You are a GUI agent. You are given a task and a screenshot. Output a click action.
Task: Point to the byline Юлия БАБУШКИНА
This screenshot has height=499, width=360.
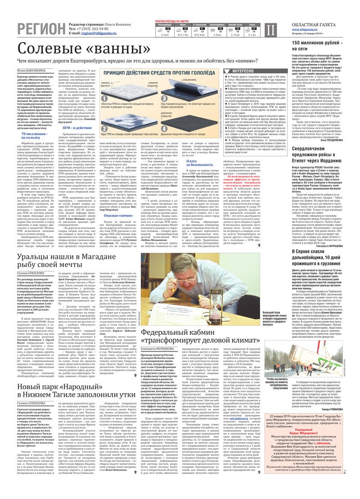tap(31, 70)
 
